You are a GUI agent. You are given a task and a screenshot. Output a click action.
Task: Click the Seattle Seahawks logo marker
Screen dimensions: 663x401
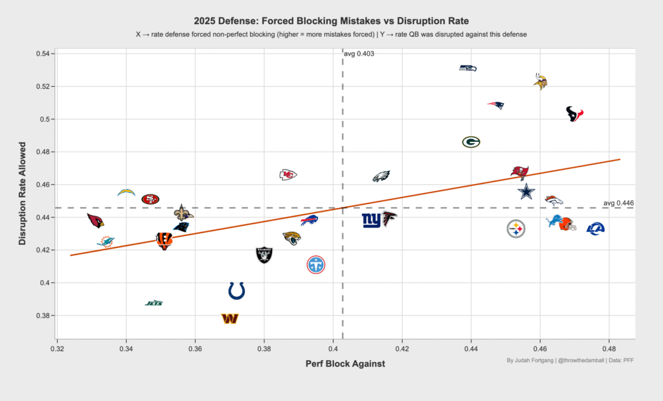pos(468,68)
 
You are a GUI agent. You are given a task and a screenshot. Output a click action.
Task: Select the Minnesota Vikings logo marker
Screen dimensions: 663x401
pos(541,81)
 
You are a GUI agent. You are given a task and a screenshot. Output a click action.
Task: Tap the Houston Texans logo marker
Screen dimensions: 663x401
pos(575,114)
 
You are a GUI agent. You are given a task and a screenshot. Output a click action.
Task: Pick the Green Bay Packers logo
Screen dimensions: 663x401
pos(471,142)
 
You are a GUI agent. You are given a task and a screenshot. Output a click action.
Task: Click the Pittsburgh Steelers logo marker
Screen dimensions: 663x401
pos(516,229)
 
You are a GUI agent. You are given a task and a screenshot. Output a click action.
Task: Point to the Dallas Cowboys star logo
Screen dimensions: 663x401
pos(526,192)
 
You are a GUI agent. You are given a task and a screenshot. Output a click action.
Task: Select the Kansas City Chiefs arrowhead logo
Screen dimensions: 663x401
pos(288,175)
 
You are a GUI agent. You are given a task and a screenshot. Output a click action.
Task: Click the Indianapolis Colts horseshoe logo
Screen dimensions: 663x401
pos(236,291)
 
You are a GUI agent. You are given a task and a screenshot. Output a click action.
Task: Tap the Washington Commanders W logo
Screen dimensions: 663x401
pos(230,319)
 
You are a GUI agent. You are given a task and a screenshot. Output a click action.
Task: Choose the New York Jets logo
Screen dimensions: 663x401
pos(154,303)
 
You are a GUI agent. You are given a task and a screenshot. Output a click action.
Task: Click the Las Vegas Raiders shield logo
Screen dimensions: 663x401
pos(264,255)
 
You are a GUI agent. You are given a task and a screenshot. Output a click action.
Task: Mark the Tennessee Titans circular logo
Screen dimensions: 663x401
pos(316,265)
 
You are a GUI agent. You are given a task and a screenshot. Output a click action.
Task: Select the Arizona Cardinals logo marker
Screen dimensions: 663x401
pos(96,220)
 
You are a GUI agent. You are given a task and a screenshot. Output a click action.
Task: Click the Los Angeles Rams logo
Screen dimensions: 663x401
pos(596,229)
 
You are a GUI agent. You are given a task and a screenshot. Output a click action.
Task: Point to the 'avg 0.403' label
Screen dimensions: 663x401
pos(359,54)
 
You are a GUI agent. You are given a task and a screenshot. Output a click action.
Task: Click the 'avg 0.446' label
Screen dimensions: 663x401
pos(618,203)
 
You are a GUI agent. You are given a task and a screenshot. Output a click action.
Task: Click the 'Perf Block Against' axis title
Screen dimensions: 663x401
pos(346,364)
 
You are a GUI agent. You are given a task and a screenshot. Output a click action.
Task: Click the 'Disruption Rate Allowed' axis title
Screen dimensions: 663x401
pos(23,193)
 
